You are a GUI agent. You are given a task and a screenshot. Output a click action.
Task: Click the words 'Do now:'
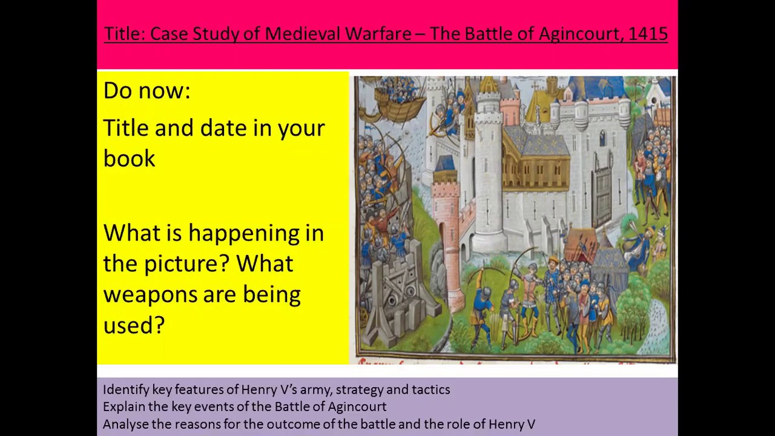(x=147, y=91)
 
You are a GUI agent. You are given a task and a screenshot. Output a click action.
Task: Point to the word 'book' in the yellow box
(x=129, y=159)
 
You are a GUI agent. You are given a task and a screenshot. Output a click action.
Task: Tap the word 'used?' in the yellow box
(x=134, y=325)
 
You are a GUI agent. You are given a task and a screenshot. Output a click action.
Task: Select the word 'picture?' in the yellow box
(x=188, y=264)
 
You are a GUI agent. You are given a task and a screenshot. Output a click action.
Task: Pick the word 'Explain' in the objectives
(x=124, y=406)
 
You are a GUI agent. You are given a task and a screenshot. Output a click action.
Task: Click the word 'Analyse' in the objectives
(x=126, y=424)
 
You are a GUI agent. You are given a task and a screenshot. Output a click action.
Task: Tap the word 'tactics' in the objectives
(x=430, y=389)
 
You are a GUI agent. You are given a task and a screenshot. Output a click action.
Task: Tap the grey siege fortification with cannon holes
(x=397, y=291)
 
